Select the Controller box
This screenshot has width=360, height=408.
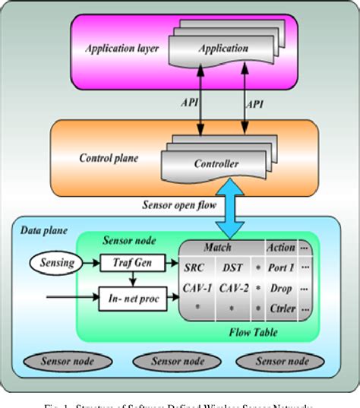[x=216, y=163]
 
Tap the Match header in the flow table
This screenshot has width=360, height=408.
[x=218, y=247]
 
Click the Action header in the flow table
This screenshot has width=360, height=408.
[x=280, y=247]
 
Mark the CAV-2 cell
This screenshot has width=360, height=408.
[x=233, y=289]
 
